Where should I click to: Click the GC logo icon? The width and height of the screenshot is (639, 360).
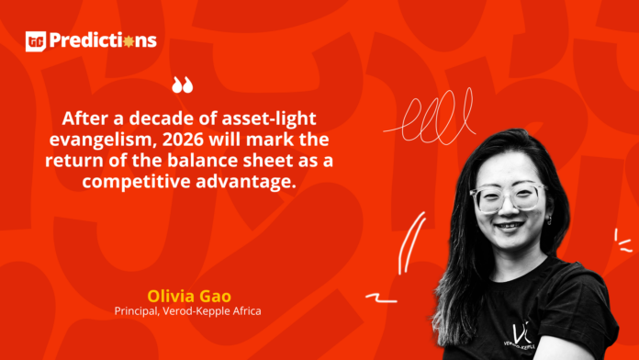[x=36, y=40]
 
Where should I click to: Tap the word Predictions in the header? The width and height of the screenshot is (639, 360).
[x=103, y=40]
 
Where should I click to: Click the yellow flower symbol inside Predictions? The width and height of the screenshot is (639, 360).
[x=129, y=40]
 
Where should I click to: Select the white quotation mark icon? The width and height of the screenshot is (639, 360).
[x=183, y=86]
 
